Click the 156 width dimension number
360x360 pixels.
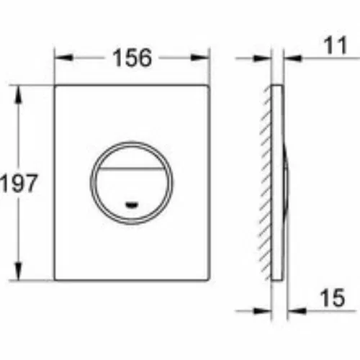click(132, 58)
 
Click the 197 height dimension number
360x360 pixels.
click(19, 183)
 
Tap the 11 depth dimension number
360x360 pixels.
click(336, 45)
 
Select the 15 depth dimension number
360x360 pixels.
click(333, 298)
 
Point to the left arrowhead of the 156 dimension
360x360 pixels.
click(63, 58)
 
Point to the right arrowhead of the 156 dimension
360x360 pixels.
click(200, 58)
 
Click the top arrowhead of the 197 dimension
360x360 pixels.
click(19, 95)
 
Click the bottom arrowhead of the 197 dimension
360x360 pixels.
click(19, 271)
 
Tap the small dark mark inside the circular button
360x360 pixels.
click(132, 204)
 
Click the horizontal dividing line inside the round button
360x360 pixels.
click(132, 168)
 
